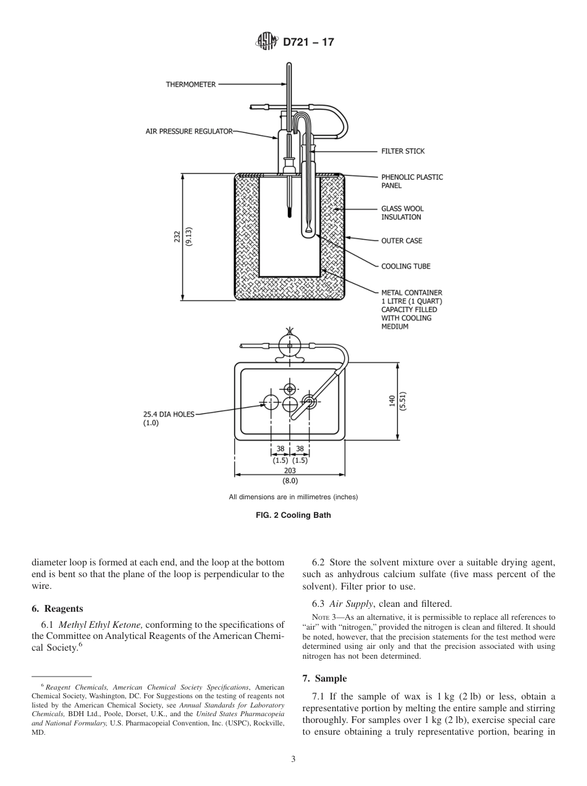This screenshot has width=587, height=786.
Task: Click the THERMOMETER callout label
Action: pyautogui.click(x=190, y=85)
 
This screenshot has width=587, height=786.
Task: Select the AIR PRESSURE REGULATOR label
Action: pyautogui.click(x=189, y=131)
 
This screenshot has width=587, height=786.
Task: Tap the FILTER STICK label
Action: pyautogui.click(x=403, y=151)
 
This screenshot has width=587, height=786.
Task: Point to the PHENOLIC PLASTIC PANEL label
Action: pyautogui.click(x=412, y=181)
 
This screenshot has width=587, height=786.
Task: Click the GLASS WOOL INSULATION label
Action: pyautogui.click(x=402, y=213)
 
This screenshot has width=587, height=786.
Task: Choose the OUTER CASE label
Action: pyautogui.click(x=402, y=240)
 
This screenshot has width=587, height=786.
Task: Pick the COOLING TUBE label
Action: pyautogui.click(x=405, y=266)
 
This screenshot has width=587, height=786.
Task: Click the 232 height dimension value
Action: pyautogui.click(x=177, y=237)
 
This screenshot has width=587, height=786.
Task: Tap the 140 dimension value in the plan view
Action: pyautogui.click(x=392, y=402)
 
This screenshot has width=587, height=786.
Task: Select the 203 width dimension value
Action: pyautogui.click(x=290, y=470)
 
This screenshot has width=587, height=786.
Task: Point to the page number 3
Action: pyautogui.click(x=293, y=759)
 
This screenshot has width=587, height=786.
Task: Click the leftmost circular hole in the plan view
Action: pyautogui.click(x=271, y=403)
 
